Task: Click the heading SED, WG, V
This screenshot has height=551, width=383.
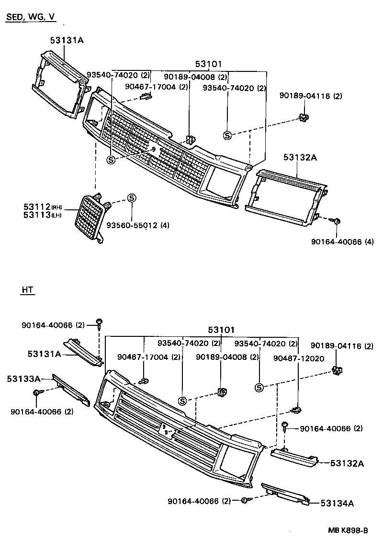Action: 30,18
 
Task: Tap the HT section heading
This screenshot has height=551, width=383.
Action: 28,290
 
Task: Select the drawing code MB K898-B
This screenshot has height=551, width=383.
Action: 348,530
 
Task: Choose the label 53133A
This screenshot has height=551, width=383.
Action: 23,379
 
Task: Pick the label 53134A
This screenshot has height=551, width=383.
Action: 337,503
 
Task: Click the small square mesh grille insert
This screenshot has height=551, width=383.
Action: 90,217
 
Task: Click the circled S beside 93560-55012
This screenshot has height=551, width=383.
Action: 132,198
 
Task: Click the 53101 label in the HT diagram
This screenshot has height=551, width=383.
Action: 221,330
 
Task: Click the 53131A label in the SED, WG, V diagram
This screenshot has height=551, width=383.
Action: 67,40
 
